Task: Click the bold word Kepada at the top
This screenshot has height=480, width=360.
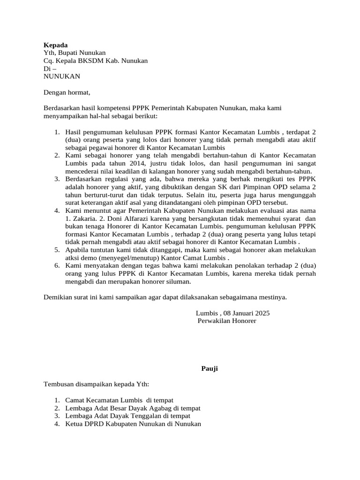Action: point(55,45)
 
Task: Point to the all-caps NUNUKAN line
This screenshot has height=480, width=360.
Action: point(61,76)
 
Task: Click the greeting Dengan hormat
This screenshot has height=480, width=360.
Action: point(66,92)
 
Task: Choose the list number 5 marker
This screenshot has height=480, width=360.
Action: point(57,250)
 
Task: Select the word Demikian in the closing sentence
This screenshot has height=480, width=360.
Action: point(59,298)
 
